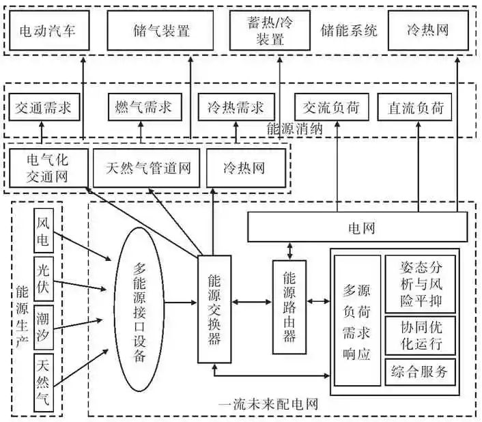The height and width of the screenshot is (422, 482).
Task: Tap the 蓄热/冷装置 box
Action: pos(270,31)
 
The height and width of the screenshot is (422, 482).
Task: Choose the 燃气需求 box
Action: pos(144,108)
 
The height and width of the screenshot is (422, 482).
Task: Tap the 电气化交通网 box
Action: pos(48,167)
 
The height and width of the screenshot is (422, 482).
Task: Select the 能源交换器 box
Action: pos(214,309)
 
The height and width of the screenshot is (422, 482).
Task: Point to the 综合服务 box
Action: pos(420,371)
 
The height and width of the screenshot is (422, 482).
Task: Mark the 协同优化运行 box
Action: pos(420,334)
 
